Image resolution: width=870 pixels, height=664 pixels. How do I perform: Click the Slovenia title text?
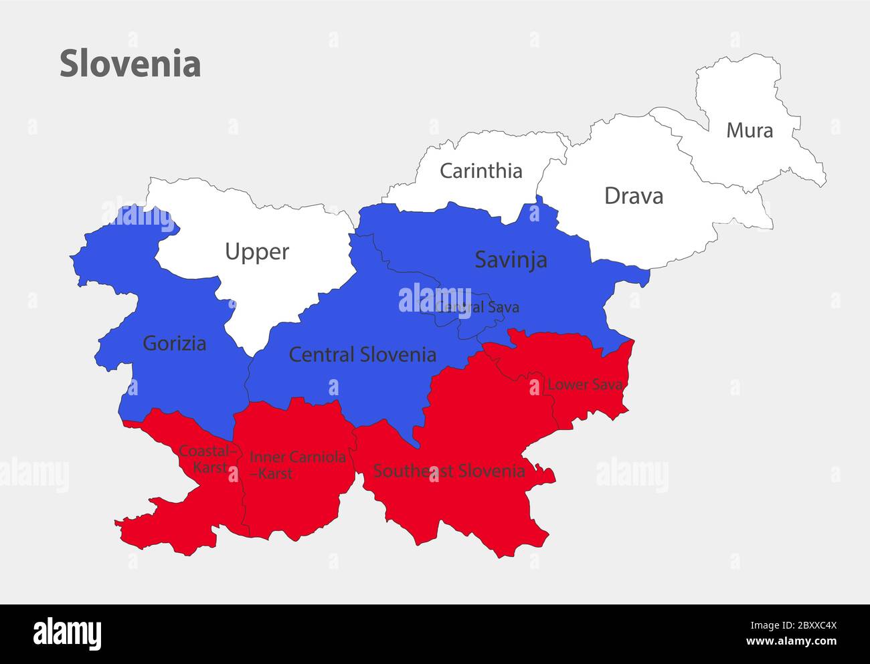pos(130,64)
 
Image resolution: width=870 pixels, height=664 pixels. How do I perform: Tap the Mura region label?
pos(750,130)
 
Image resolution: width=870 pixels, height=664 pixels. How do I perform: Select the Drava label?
pos(633,196)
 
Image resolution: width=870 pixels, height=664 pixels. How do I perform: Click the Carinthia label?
pos(481,171)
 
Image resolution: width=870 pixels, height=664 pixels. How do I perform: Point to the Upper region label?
pos(256,252)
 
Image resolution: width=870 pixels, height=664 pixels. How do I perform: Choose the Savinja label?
pos(511,259)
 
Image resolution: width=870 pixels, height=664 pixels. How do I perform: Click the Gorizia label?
pos(174,344)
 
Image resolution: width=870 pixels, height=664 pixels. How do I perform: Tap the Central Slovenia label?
pos(362,354)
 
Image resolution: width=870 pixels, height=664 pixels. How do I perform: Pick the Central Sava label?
pos(476,307)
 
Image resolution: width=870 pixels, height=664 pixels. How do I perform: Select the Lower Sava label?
pos(585,384)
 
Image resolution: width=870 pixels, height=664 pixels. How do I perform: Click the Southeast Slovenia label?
pos(448,471)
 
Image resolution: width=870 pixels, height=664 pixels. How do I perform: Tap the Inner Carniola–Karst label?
pos(297,465)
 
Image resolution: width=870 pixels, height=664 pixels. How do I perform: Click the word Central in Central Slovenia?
pos(321,354)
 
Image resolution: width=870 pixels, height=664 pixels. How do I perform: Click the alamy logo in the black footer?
pos(68,633)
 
